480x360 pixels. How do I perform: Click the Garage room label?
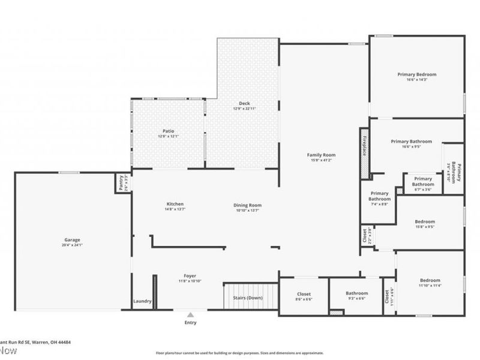click(x=72, y=239)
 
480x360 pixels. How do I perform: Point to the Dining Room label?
click(x=247, y=205)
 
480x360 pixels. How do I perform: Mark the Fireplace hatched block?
click(x=364, y=153)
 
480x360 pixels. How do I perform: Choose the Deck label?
click(x=244, y=103)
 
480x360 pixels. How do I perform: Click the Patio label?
click(x=168, y=131)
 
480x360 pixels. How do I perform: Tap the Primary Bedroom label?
click(x=416, y=74)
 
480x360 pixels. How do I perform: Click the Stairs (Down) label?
click(x=247, y=298)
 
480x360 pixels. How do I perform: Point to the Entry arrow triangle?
click(x=190, y=314)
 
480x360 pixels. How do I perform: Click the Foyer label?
click(x=190, y=276)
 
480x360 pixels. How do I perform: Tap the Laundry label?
click(x=142, y=301)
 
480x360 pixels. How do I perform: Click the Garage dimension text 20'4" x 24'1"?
click(x=72, y=245)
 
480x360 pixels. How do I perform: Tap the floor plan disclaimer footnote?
click(x=239, y=353)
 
